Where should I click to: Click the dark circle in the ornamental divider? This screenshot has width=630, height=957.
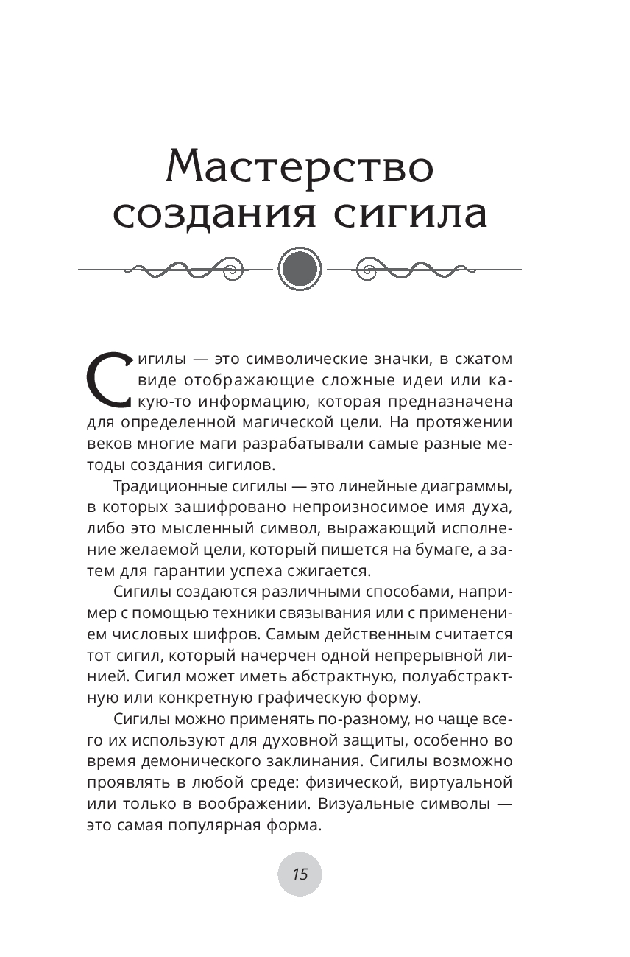pyautogui.click(x=300, y=269)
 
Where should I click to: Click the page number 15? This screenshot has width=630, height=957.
pyautogui.click(x=300, y=874)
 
